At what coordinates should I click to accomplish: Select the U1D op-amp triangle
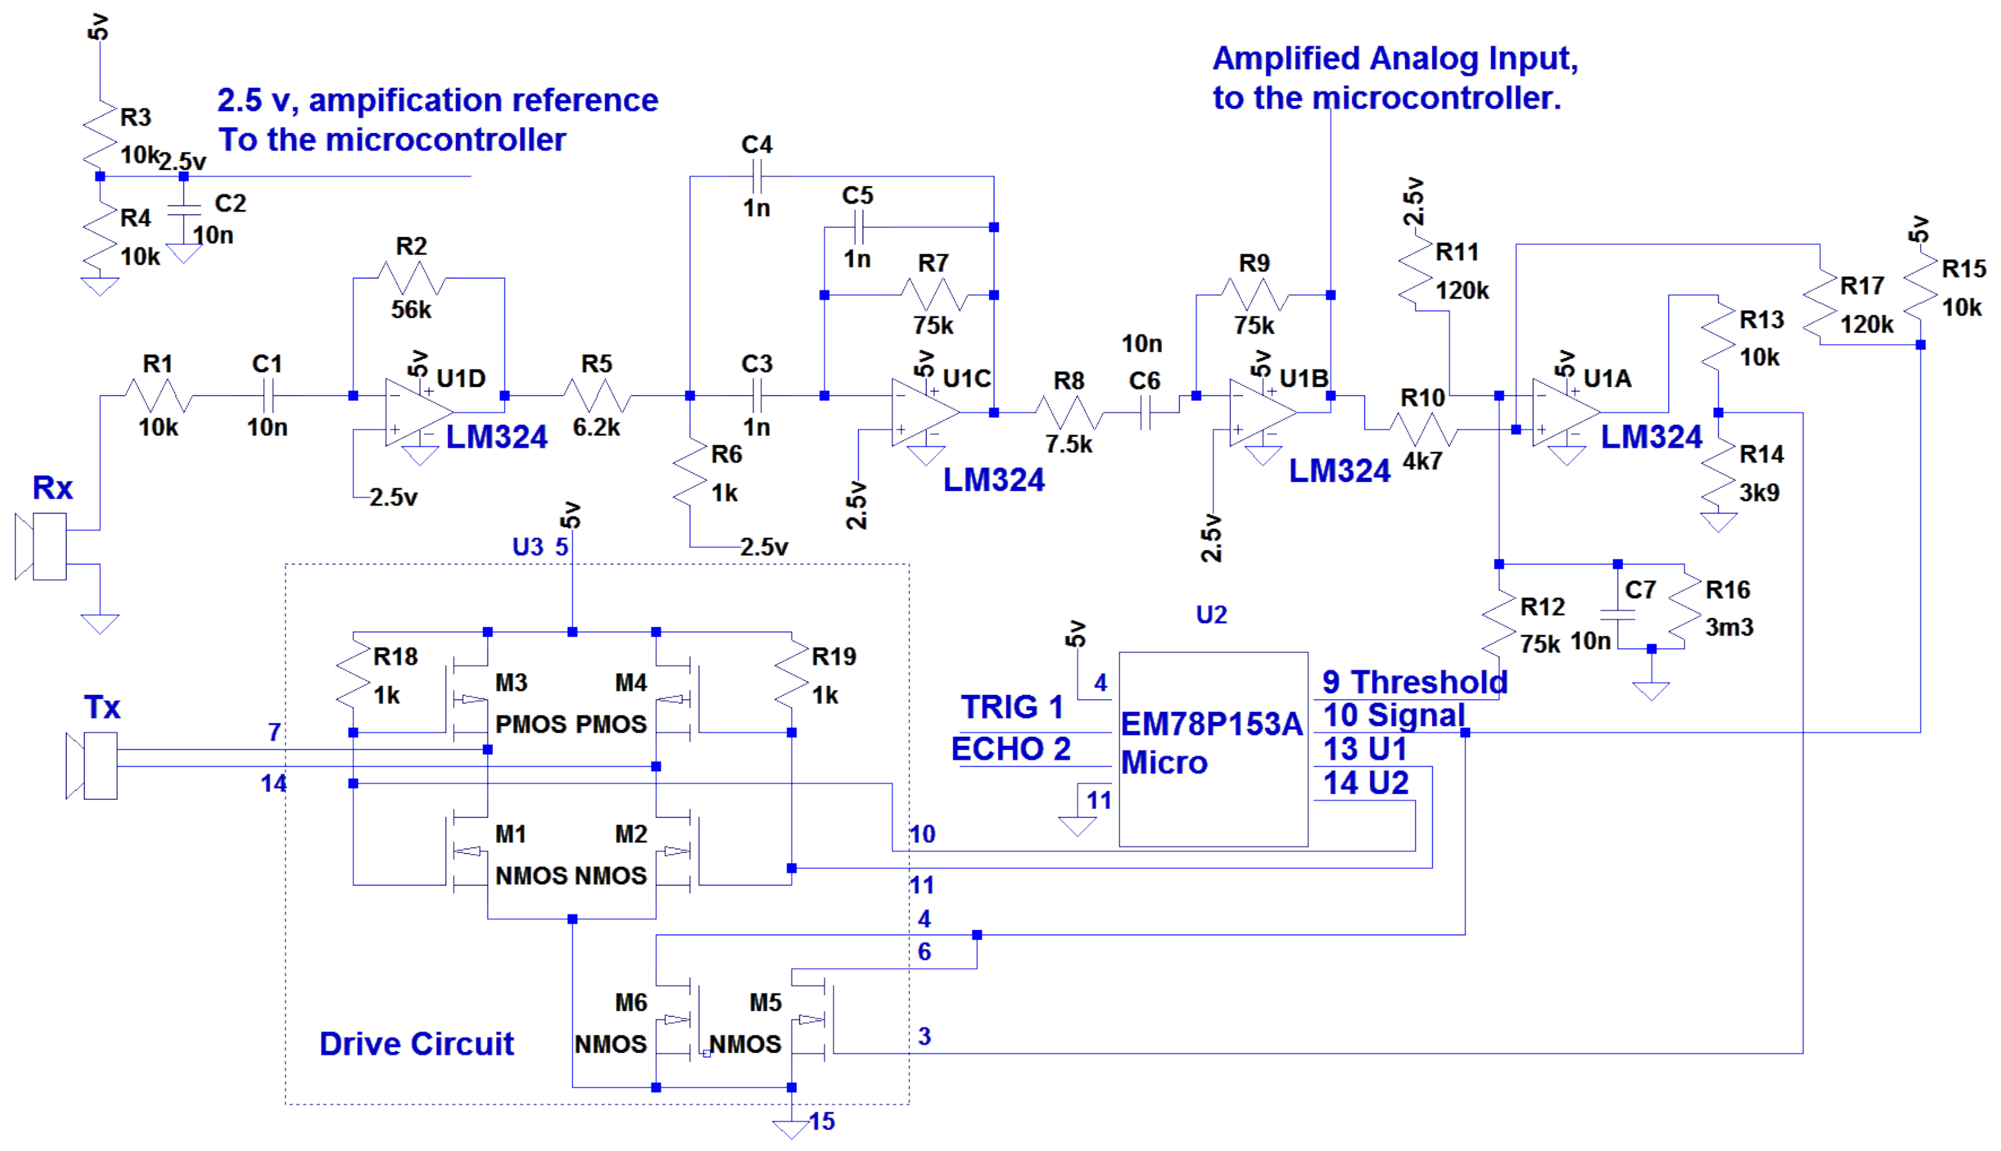coord(416,412)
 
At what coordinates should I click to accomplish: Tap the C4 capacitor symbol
coord(756,176)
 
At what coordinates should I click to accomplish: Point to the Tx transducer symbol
coord(93,765)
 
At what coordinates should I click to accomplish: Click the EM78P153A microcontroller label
coord(1211,724)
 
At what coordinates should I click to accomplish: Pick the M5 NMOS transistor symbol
coord(814,1020)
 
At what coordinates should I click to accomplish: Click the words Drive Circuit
coord(416,1044)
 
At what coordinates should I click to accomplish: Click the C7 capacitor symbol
coord(1617,615)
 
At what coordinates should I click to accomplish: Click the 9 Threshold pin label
coord(1415,681)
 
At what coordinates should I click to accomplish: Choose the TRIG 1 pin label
coord(1012,707)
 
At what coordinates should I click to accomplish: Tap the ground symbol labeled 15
coord(791,1129)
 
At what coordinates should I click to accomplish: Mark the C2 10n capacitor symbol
coord(184,209)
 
